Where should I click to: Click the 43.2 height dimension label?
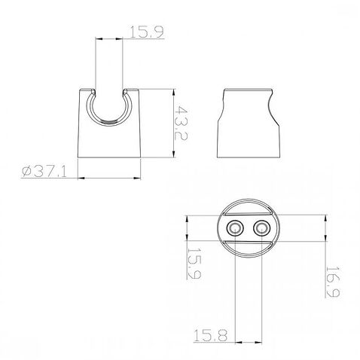[181, 123]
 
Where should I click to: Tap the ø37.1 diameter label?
[44, 172]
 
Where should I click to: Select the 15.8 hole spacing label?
[210, 335]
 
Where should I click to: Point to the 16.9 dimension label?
[332, 282]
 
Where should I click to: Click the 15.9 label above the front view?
[147, 32]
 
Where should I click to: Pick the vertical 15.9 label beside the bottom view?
[194, 264]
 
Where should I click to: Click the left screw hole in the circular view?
[235, 229]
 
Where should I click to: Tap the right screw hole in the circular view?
[261, 229]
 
